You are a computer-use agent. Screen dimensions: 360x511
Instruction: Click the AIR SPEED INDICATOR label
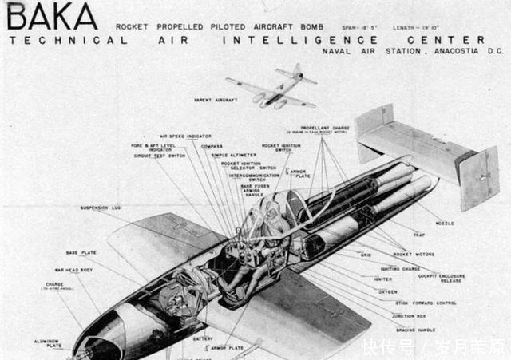point(186,136)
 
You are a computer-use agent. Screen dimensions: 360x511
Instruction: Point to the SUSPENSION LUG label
point(100,208)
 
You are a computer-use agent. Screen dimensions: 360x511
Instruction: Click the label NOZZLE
point(447,223)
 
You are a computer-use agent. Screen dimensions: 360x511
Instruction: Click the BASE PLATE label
point(81,252)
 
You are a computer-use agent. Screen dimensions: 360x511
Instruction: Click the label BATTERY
point(203,338)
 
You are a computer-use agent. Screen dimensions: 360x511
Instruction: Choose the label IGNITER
point(383,279)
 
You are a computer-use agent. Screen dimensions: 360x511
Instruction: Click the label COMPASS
point(212,146)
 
